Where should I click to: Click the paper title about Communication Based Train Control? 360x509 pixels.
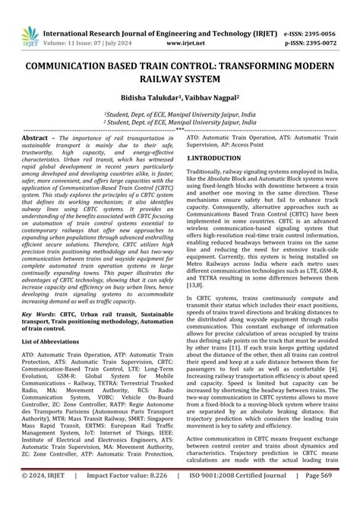180,74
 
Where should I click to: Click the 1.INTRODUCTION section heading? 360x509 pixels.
215,157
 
